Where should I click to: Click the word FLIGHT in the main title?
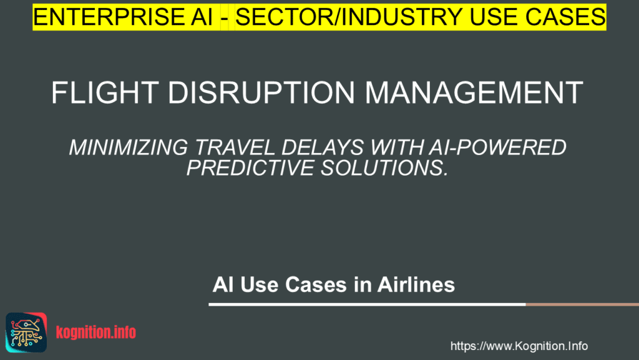(x=105, y=92)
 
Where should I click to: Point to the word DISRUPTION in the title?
(x=261, y=92)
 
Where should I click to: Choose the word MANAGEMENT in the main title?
(x=474, y=92)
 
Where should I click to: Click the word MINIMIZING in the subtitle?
(x=129, y=147)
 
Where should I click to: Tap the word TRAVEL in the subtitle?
(x=235, y=147)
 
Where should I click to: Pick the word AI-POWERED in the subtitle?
(x=497, y=147)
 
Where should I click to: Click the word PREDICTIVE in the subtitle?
(x=250, y=167)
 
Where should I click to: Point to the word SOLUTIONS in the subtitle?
(x=384, y=167)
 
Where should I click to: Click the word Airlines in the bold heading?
(x=416, y=284)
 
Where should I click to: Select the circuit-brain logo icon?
(x=26, y=332)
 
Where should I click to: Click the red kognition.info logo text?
(x=95, y=332)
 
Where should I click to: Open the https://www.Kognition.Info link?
(x=519, y=346)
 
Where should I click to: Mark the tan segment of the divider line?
(x=582, y=304)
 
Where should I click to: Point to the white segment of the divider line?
(x=367, y=304)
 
